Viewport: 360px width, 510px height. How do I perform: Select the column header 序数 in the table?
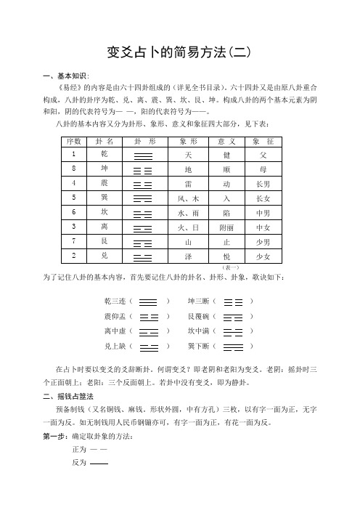[x=73, y=140]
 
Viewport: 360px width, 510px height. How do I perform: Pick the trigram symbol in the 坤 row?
[x=143, y=170]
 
